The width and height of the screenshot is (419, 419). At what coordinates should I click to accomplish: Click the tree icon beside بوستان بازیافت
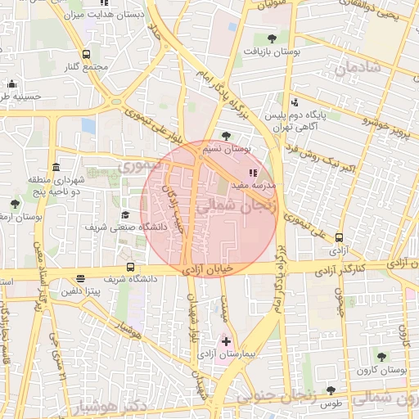(x=272, y=38)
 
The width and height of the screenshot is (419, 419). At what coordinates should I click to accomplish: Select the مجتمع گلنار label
(x=89, y=66)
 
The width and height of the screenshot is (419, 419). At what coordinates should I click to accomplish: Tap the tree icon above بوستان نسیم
(x=226, y=136)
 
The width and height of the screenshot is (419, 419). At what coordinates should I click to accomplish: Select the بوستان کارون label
(x=381, y=371)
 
